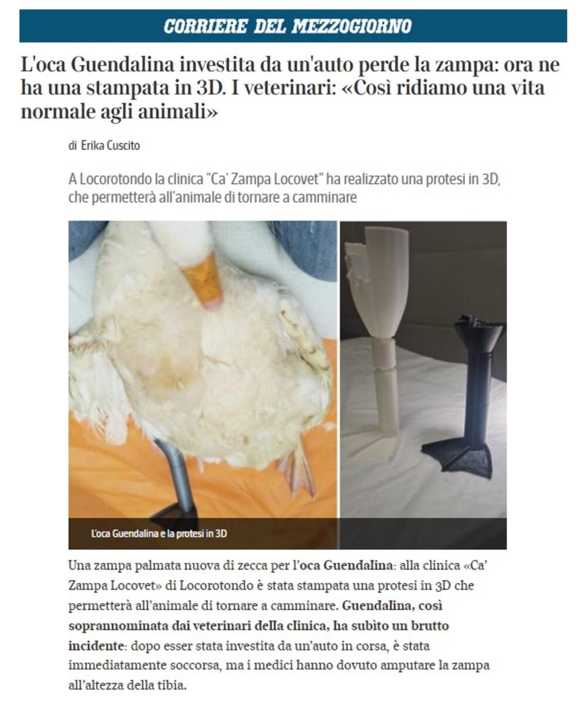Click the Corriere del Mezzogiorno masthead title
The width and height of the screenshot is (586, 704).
[288, 26]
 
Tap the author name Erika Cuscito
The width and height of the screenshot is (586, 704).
[110, 145]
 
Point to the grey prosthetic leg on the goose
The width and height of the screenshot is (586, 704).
[176, 482]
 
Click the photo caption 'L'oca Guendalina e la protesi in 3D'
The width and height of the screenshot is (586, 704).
[159, 534]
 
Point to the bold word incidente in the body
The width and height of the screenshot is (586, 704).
[96, 646]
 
